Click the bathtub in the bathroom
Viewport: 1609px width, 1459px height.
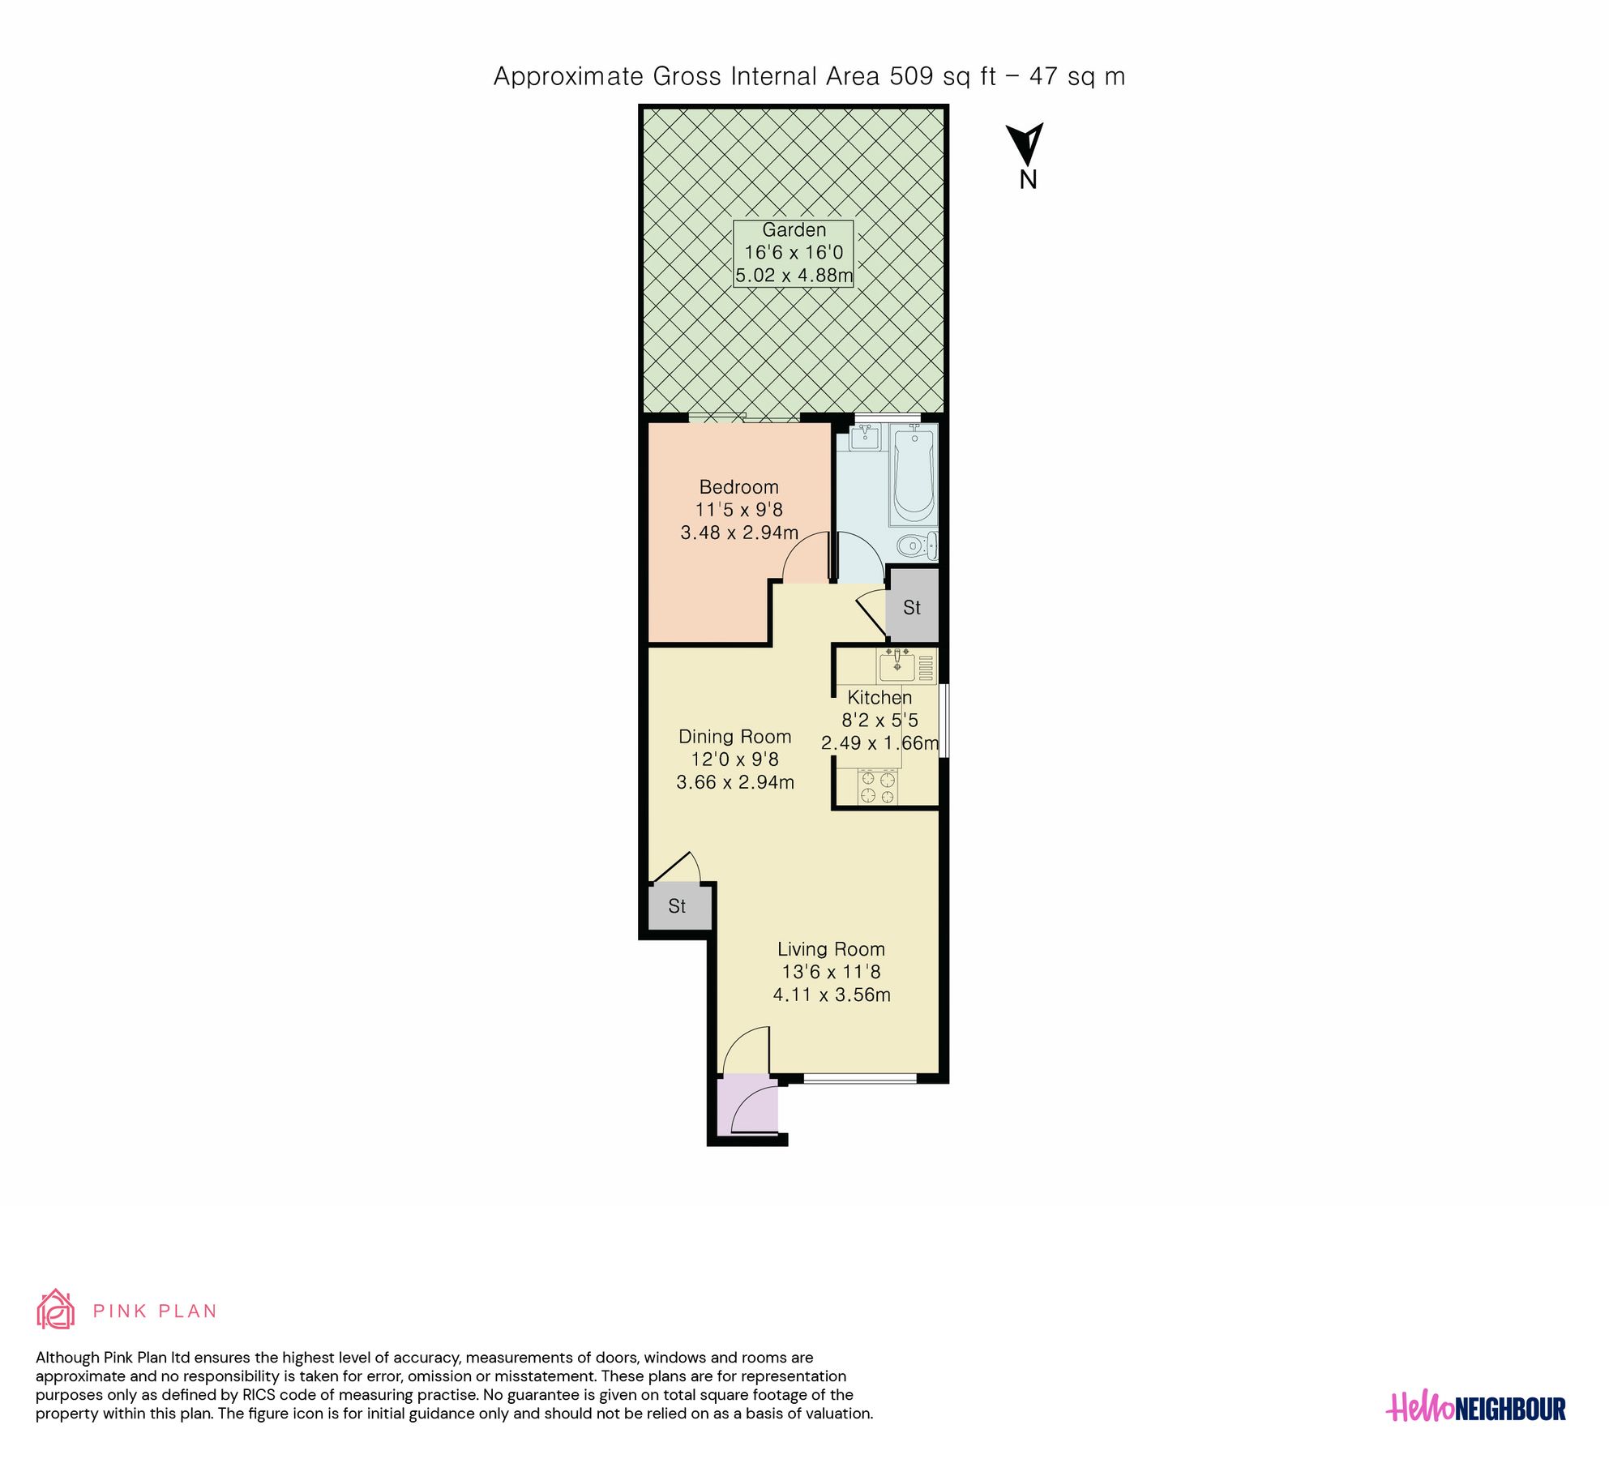pyautogui.click(x=914, y=477)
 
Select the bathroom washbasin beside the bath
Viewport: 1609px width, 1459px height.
pyautogui.click(x=865, y=437)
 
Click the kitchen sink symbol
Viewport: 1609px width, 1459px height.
pyautogui.click(x=897, y=667)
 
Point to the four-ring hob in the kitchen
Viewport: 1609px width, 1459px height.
pyautogui.click(x=878, y=788)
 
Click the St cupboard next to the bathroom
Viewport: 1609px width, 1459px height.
pyautogui.click(x=912, y=607)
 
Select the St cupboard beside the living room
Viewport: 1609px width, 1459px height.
pyautogui.click(x=678, y=906)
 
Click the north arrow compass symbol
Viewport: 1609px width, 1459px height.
pyautogui.click(x=1026, y=144)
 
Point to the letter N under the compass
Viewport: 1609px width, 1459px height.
pyautogui.click(x=1028, y=180)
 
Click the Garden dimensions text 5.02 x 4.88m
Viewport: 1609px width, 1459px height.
pyautogui.click(x=794, y=276)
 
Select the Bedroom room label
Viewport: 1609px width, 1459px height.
pyautogui.click(x=738, y=487)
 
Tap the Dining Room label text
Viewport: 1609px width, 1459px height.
pyautogui.click(x=734, y=737)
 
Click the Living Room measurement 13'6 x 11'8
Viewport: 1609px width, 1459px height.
pyautogui.click(x=831, y=972)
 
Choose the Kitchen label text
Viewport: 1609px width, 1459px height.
pyautogui.click(x=879, y=697)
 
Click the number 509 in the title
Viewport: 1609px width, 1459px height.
pyautogui.click(x=911, y=76)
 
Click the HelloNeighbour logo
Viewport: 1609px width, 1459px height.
pyautogui.click(x=1475, y=1408)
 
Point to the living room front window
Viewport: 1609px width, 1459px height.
pyautogui.click(x=859, y=1078)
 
